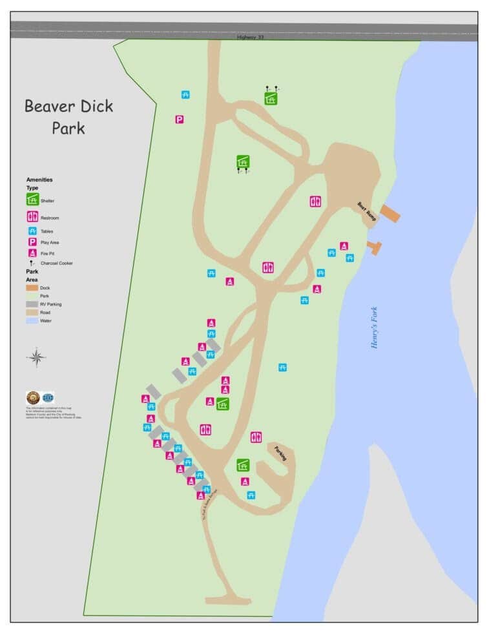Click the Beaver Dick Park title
(x=69, y=116)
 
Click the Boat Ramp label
(x=365, y=212)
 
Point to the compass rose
(x=37, y=357)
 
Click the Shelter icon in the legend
(x=32, y=200)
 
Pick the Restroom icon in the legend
(x=32, y=217)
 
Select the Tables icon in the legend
(x=32, y=231)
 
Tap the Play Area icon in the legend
(x=32, y=242)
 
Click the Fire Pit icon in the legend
(x=32, y=253)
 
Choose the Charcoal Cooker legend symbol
(x=32, y=264)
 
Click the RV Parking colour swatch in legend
(x=32, y=304)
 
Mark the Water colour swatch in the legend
(x=32, y=320)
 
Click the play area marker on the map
(x=180, y=119)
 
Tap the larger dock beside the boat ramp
(x=390, y=214)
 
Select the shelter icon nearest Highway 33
(x=271, y=98)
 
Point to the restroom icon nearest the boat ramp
(x=315, y=201)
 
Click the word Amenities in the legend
(x=39, y=180)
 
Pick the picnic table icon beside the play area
(x=185, y=95)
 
